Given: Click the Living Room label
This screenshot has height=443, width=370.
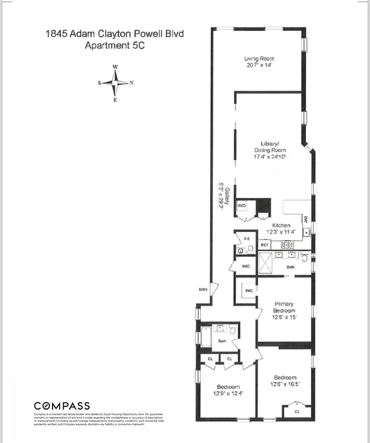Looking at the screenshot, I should coord(259,59).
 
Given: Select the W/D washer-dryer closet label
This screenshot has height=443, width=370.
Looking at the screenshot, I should coord(242,205).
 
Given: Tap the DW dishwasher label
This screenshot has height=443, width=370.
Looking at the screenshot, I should coord(306,219).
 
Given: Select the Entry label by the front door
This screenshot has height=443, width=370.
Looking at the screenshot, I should coord(203,290).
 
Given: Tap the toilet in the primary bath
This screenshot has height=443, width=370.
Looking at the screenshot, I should coord(304,256).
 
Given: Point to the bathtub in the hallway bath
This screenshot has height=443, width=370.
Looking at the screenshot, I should coord(206,337).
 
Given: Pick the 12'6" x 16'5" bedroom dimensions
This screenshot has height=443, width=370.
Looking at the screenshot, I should coord(285,384).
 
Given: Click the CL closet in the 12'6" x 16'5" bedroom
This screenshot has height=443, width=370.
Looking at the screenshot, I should coord(296,412).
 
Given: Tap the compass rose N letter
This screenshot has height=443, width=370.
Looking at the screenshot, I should coord(132,83).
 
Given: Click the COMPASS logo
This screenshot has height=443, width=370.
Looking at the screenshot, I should coord(62,406).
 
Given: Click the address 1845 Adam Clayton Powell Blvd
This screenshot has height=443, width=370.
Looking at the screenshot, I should coord(114,34).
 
